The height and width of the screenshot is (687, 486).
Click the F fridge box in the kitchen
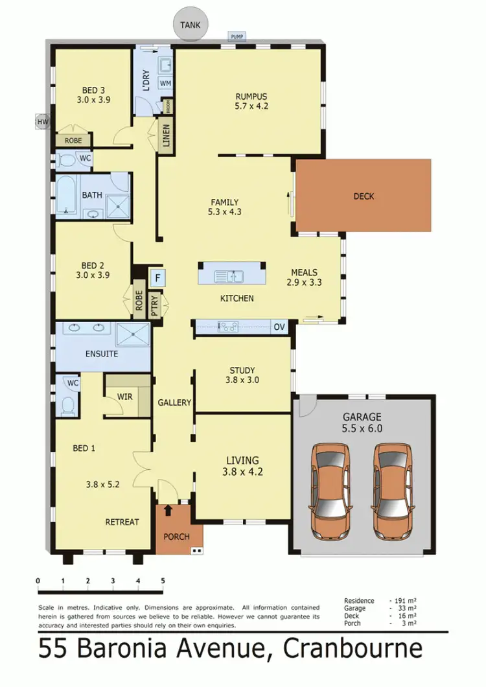[156, 279]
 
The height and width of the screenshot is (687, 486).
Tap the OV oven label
[279, 327]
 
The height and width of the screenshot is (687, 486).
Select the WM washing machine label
[165, 84]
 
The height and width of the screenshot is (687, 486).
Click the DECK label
[364, 196]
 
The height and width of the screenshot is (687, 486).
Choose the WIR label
[125, 396]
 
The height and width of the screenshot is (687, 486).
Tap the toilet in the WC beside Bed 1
[67, 404]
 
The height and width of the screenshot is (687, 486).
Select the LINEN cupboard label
[166, 135]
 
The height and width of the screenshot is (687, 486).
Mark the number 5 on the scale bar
[163, 581]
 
